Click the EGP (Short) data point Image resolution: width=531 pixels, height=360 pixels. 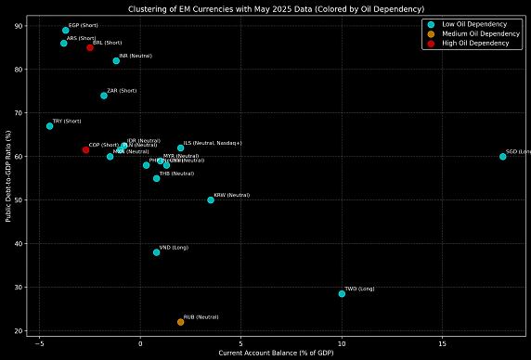(66, 31)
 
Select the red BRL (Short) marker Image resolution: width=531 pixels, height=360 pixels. (90, 47)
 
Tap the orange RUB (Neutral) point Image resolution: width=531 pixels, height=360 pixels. (181, 322)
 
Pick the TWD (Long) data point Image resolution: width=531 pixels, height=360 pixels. (342, 293)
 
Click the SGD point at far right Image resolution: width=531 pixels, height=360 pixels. (503, 156)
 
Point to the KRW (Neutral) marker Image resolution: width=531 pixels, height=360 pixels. (211, 199)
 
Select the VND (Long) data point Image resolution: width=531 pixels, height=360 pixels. (157, 252)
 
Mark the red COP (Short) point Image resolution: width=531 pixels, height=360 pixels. (85, 149)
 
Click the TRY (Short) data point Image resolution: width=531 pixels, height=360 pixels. (50, 126)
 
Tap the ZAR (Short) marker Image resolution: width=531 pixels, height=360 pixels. (104, 96)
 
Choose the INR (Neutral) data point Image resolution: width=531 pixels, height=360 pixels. (116, 61)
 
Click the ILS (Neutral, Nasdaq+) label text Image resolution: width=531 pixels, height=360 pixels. (213, 143)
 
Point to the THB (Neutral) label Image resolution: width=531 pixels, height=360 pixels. (176, 174)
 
